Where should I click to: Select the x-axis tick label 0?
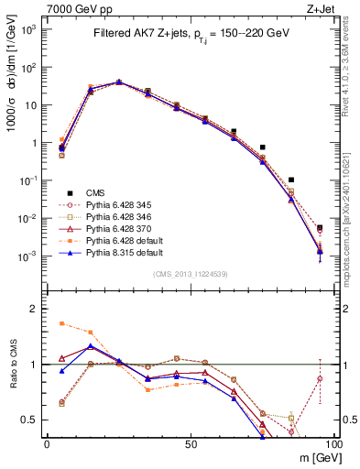tap(47, 443)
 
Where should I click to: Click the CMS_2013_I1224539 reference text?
tap(190, 274)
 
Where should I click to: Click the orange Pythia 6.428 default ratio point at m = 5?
tap(61, 323)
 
